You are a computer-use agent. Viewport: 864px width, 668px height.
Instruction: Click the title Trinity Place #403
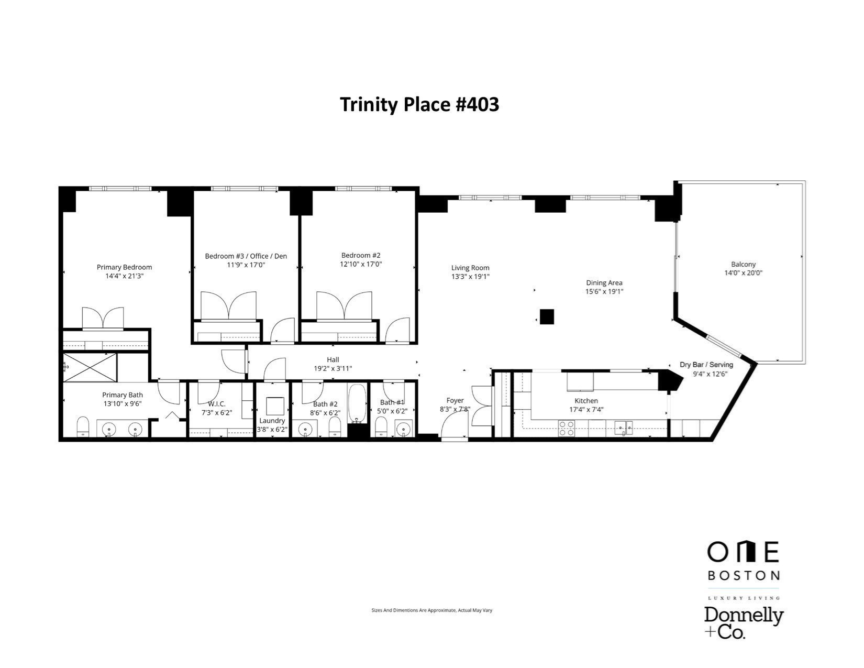pyautogui.click(x=419, y=104)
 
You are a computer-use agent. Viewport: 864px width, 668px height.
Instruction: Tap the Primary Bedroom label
pyautogui.click(x=124, y=267)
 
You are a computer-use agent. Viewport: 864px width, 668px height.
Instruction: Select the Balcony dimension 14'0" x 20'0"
pyautogui.click(x=743, y=273)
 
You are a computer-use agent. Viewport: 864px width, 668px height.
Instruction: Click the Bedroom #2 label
pyautogui.click(x=360, y=256)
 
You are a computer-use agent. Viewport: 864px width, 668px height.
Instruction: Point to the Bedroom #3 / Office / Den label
pyautogui.click(x=246, y=256)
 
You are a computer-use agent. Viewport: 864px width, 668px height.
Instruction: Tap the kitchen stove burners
pyautogui.click(x=566, y=428)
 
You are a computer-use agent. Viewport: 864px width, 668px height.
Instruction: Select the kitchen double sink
pyautogui.click(x=623, y=428)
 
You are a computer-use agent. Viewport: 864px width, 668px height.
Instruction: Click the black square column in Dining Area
pyautogui.click(x=547, y=317)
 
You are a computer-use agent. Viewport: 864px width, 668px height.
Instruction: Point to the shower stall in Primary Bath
pyautogui.click(x=90, y=368)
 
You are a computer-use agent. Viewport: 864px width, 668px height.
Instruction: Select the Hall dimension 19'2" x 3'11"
pyautogui.click(x=333, y=368)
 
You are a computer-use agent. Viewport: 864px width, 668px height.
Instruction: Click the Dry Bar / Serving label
pyautogui.click(x=706, y=365)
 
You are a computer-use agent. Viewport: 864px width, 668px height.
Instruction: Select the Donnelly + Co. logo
pyautogui.click(x=743, y=622)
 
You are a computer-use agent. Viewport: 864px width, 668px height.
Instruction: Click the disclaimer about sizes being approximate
pyautogui.click(x=431, y=610)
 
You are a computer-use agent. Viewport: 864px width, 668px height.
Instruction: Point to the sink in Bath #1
pyautogui.click(x=403, y=430)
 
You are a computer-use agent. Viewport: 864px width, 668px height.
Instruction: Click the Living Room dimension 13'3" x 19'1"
pyautogui.click(x=470, y=276)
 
